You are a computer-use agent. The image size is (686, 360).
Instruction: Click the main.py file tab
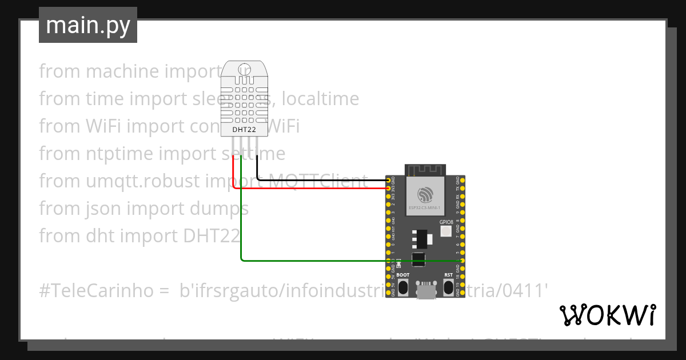click(88, 25)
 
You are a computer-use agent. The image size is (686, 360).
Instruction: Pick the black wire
click(320, 180)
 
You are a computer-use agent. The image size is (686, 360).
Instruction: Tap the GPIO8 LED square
click(446, 231)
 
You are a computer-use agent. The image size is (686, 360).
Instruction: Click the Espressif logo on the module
click(425, 193)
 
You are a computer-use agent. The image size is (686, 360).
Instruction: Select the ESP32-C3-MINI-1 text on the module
click(425, 209)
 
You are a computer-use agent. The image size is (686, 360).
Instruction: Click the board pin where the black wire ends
click(389, 181)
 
